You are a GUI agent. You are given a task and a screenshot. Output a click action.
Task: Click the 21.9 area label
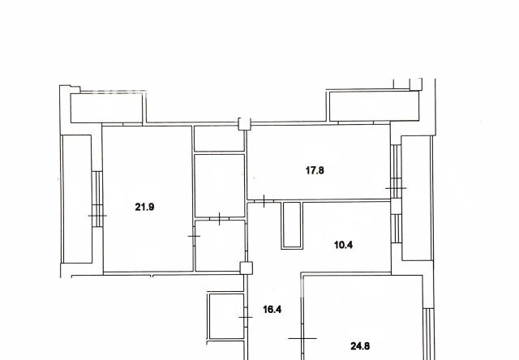click(144, 207)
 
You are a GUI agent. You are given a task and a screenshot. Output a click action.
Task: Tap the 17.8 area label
click(315, 171)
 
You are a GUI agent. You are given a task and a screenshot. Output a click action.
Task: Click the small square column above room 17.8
click(242, 124)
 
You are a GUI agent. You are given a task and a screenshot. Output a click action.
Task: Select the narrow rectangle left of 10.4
click(290, 225)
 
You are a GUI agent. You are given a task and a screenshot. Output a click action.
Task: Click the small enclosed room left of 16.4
click(224, 317)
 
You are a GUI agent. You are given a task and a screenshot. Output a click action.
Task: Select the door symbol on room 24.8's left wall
click(302, 336)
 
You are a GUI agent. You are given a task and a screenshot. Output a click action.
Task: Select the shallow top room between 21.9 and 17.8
click(219, 139)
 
